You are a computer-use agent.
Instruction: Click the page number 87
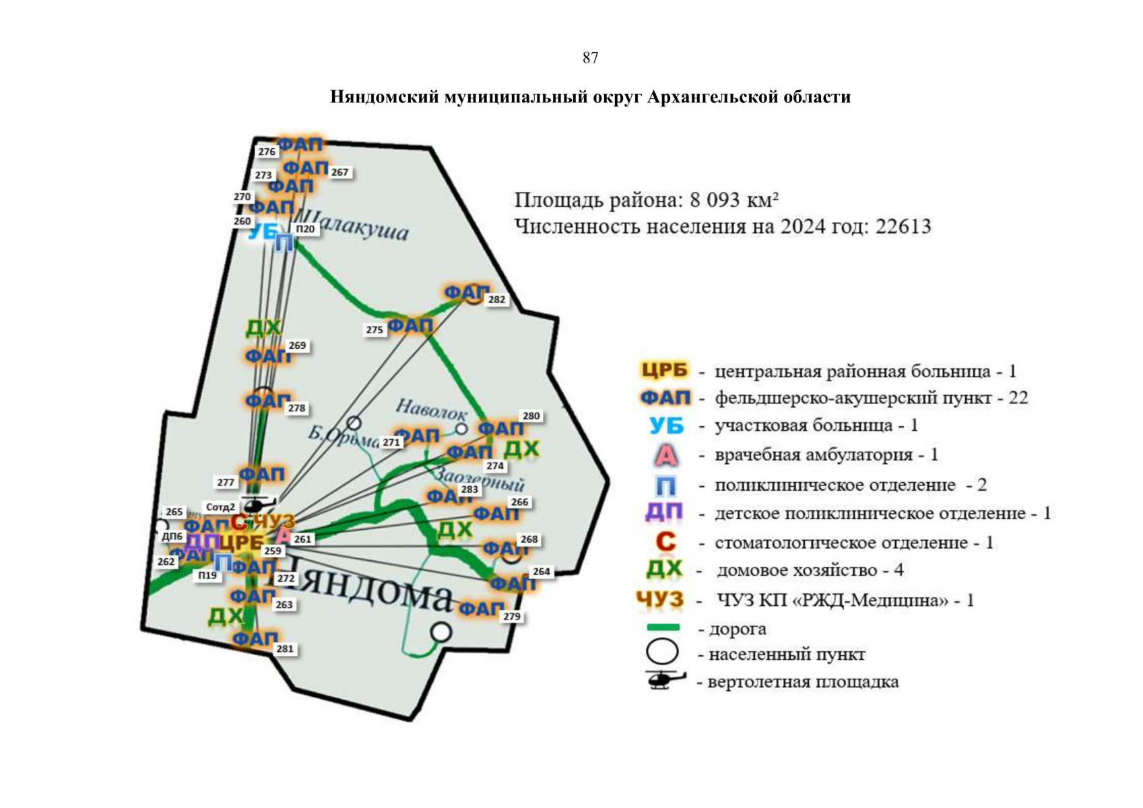point(590,58)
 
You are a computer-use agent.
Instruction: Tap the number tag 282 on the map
point(496,300)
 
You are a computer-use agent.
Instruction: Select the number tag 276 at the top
point(267,152)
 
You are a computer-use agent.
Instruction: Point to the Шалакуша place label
point(352,225)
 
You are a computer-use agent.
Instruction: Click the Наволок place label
point(431,409)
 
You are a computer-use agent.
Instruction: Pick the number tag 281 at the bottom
point(285,649)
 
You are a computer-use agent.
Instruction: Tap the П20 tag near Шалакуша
point(305,229)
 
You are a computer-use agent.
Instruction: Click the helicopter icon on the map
point(257,505)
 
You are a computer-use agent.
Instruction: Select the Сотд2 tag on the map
point(220,507)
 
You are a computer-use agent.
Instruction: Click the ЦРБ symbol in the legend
point(664,370)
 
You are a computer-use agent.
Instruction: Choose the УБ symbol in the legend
point(665,426)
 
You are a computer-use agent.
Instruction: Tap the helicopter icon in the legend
point(664,679)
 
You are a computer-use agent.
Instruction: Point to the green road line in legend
point(663,628)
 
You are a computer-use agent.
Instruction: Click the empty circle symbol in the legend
point(662,652)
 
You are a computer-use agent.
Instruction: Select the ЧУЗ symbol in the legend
point(659,599)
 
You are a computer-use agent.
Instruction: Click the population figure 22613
point(903,226)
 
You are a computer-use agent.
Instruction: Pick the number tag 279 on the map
point(511,617)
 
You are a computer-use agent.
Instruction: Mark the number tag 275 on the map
point(374,330)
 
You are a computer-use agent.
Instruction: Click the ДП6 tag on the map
point(172,537)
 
